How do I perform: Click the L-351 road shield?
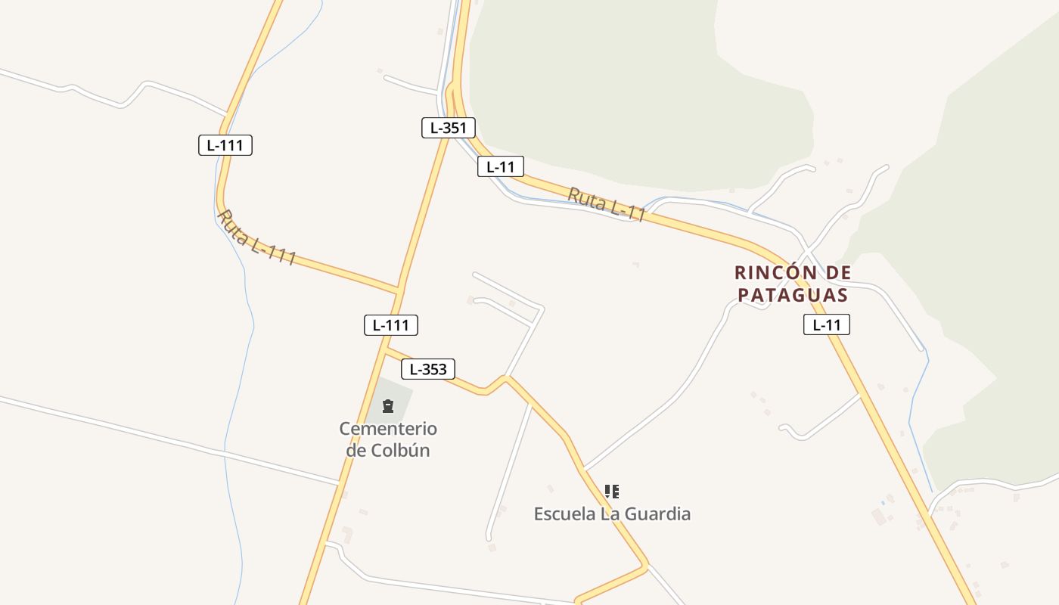[449, 128]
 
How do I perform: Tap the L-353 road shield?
[428, 369]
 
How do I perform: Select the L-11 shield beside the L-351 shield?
[501, 166]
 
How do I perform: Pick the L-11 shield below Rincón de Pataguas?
[827, 325]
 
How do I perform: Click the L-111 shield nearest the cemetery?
[391, 325]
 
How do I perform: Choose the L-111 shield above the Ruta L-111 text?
[225, 145]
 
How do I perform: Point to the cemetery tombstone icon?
[388, 407]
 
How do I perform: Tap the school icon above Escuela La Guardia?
[612, 492]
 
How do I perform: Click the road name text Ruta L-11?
[607, 205]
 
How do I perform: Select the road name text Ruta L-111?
[256, 237]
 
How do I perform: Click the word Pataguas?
[793, 295]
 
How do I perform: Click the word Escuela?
[564, 514]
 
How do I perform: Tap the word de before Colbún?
[356, 450]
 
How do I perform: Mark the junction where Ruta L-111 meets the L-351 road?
[399, 289]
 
